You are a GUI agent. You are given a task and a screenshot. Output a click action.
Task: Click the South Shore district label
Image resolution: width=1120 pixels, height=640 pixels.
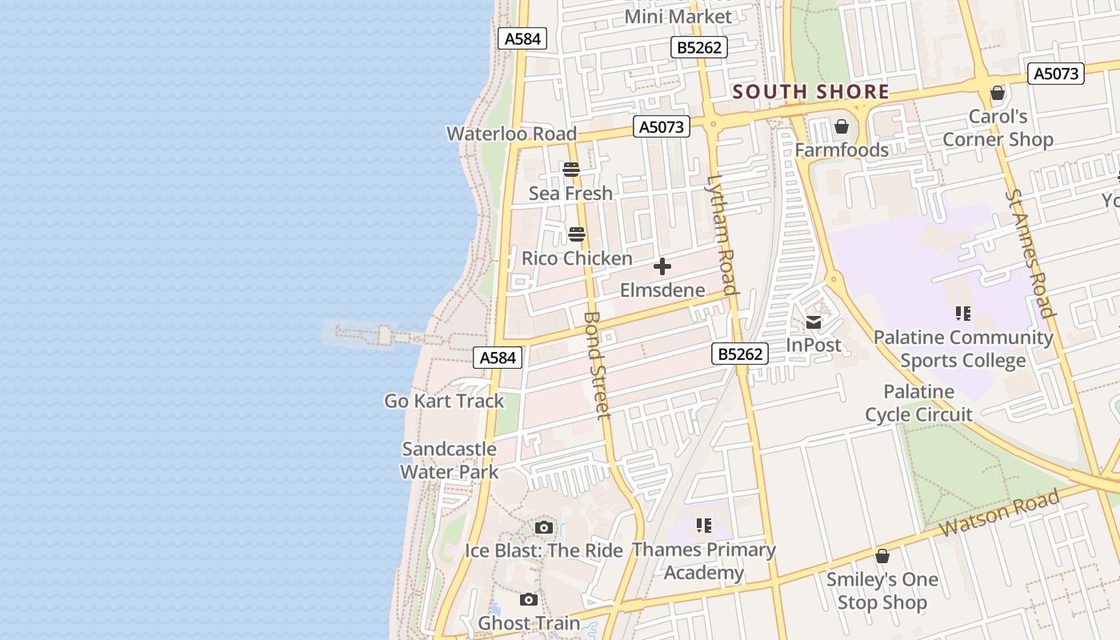coord(810,92)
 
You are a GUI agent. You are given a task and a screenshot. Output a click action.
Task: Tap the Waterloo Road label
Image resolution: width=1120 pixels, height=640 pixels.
coord(511,134)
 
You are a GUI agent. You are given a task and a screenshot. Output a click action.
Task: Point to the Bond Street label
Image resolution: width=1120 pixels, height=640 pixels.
coord(597,364)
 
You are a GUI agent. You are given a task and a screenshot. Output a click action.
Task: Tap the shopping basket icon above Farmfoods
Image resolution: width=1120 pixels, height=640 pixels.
coord(842,126)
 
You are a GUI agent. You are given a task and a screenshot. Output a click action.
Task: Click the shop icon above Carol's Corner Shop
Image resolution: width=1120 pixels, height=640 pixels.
coord(998,93)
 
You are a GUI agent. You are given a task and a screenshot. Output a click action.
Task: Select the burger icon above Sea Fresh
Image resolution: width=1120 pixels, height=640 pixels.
coord(570,170)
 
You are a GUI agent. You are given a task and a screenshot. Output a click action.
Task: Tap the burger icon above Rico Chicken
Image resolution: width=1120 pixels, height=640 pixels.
coord(577,235)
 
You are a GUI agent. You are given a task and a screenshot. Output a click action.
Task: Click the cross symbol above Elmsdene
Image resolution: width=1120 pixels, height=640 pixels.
coord(662,266)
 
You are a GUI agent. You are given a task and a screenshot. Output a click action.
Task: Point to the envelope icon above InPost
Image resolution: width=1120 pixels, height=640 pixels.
coord(814,322)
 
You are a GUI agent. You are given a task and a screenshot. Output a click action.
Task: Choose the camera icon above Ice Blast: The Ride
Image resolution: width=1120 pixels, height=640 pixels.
coord(544,527)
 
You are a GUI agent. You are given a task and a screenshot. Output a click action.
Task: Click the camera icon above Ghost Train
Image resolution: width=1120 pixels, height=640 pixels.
coord(528,599)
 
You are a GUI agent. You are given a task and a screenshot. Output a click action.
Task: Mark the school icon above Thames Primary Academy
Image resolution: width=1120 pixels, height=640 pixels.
coord(704,526)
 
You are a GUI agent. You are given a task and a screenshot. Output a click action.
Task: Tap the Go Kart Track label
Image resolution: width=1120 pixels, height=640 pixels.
coord(444,401)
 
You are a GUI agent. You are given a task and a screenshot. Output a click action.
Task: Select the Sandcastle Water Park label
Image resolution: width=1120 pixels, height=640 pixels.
coord(450,461)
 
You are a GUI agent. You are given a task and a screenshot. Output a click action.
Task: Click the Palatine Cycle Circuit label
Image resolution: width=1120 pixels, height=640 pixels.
coord(918,403)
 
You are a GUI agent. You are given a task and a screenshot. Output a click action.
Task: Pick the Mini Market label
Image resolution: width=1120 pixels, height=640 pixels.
coord(678,17)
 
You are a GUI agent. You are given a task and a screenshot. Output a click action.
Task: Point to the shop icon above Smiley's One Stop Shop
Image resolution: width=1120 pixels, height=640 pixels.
coord(882,556)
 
